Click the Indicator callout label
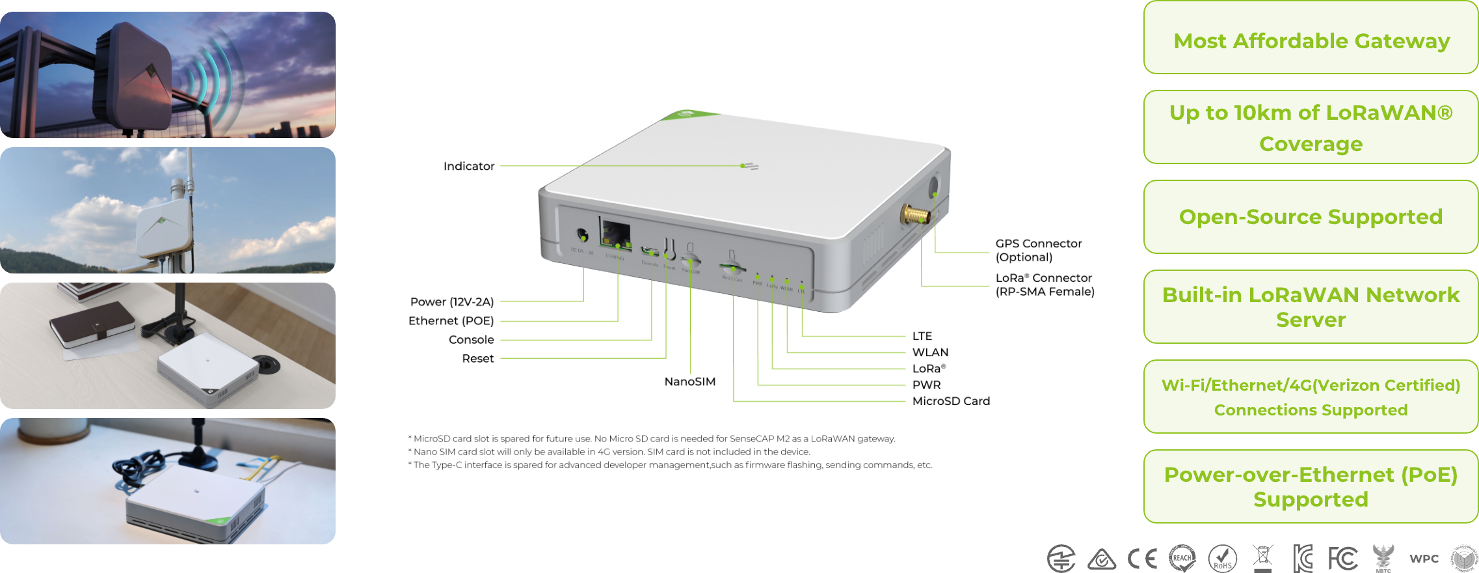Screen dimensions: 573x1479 pyautogui.click(x=468, y=167)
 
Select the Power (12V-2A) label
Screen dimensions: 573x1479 pyautogui.click(x=451, y=302)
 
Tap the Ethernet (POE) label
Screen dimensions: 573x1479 pyautogui.click(x=451, y=321)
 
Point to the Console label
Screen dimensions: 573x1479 pyautogui.click(x=471, y=340)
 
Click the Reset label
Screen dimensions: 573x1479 pyautogui.click(x=477, y=359)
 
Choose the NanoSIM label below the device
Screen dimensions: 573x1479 pyautogui.click(x=689, y=382)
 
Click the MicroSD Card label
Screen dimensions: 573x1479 pyautogui.click(x=951, y=401)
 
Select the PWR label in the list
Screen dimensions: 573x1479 pyautogui.click(x=926, y=385)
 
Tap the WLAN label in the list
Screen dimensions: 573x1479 pyautogui.click(x=930, y=352)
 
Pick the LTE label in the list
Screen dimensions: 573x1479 pyautogui.click(x=922, y=336)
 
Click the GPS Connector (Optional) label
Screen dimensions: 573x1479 pyautogui.click(x=1038, y=250)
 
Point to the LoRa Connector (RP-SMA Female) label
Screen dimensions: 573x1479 pyautogui.click(x=1045, y=285)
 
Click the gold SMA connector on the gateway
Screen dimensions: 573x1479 pyautogui.click(x=913, y=215)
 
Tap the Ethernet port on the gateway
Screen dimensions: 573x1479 pyautogui.click(x=615, y=235)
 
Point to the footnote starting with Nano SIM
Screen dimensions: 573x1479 pyautogui.click(x=609, y=452)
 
